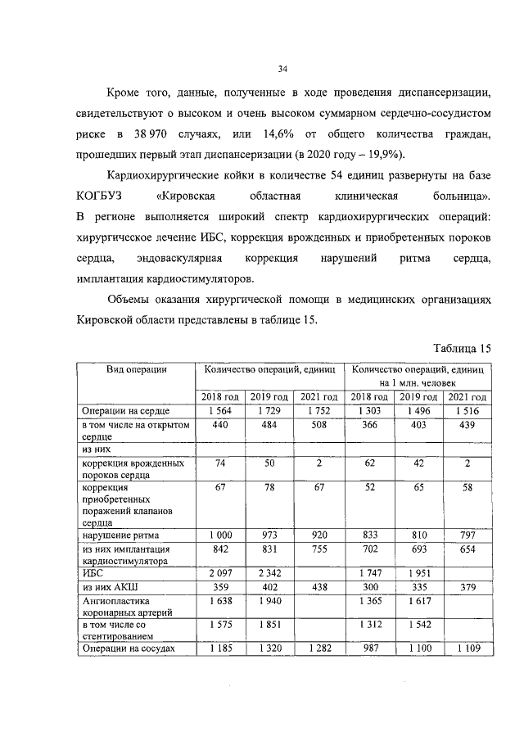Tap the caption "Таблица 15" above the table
[463, 348]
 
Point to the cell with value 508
[316, 426]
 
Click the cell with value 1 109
[466, 650]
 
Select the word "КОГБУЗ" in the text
[101, 197]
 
